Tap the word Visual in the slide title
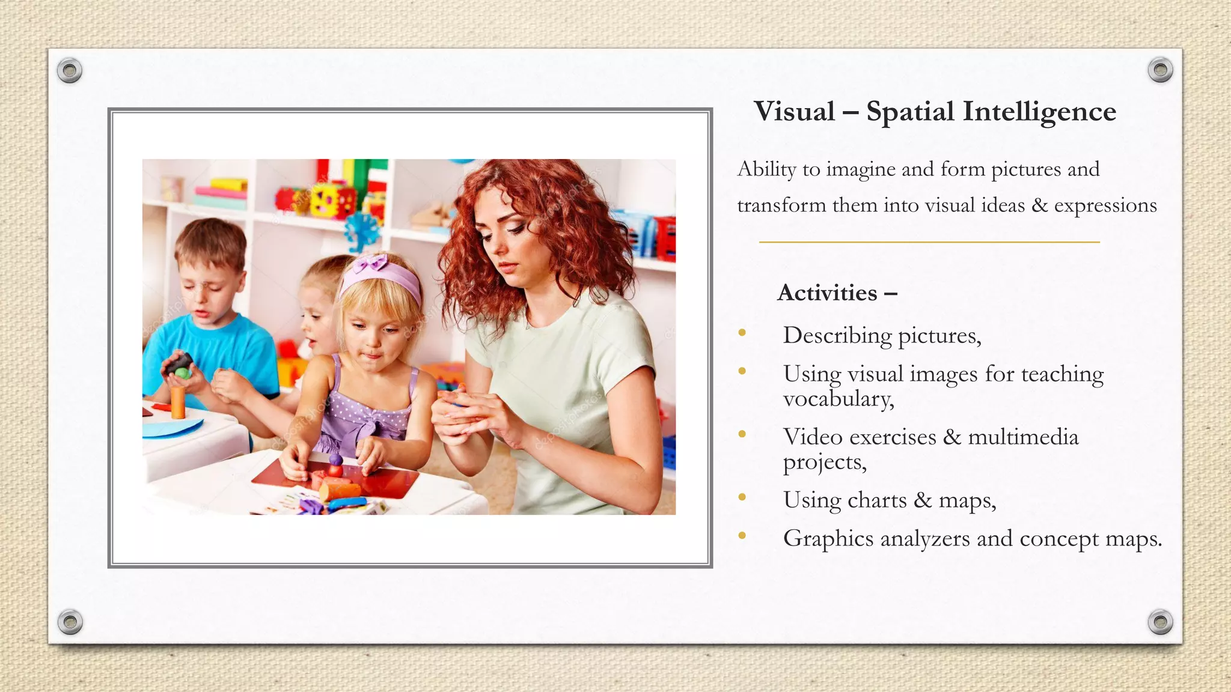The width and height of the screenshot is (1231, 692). coord(795,112)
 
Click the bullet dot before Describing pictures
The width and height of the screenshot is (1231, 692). coord(742,333)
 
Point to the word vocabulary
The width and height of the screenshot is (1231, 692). coord(838,399)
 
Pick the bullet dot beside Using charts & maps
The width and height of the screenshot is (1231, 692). coord(742,497)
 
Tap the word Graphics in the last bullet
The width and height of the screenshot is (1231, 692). coord(828,539)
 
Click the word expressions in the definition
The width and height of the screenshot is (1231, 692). coord(1105,205)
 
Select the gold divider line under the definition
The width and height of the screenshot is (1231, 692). coord(929,242)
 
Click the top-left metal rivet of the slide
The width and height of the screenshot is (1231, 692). coord(70,70)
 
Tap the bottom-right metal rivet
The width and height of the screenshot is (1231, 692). coord(1160,622)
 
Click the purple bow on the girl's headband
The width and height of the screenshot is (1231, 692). coord(371,264)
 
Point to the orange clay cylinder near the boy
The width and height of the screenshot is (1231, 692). coord(178,401)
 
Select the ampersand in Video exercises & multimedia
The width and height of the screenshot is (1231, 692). coord(952,437)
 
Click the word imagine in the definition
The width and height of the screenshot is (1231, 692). coord(861,170)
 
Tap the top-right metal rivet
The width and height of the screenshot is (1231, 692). coord(1160,70)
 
